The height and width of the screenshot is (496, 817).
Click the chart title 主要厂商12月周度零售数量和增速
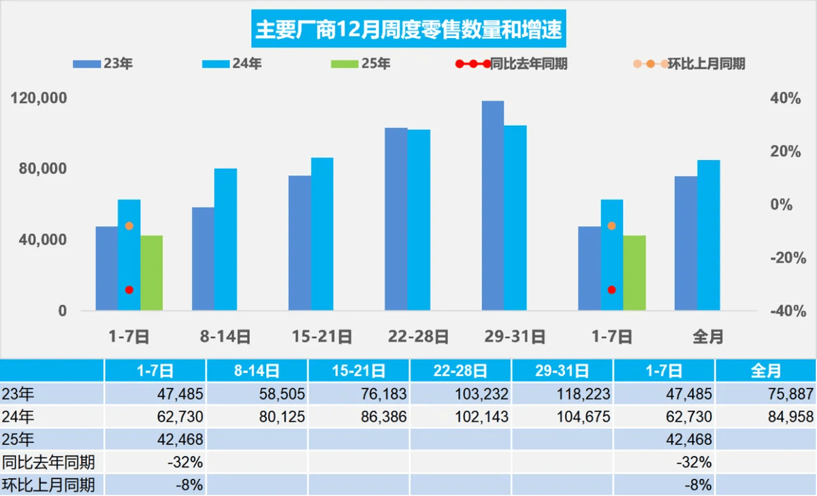click(x=408, y=29)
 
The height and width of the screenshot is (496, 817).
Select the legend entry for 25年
click(x=360, y=64)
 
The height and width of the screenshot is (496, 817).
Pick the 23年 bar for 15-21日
click(x=300, y=243)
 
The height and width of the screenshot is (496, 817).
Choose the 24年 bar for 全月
click(x=708, y=235)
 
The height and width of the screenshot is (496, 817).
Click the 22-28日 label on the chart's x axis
click(x=418, y=335)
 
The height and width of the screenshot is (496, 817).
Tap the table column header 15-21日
click(x=359, y=371)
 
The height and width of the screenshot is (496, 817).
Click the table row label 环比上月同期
click(x=48, y=485)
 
